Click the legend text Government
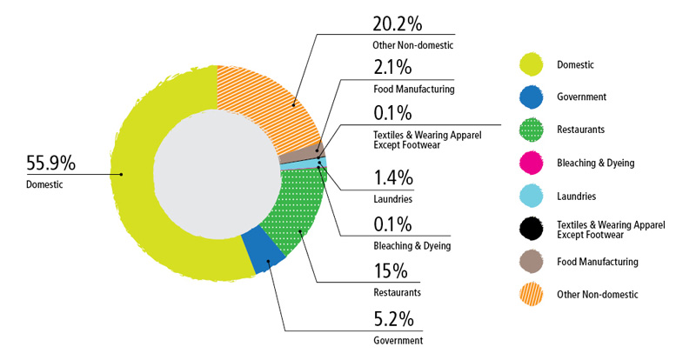pyautogui.click(x=581, y=97)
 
